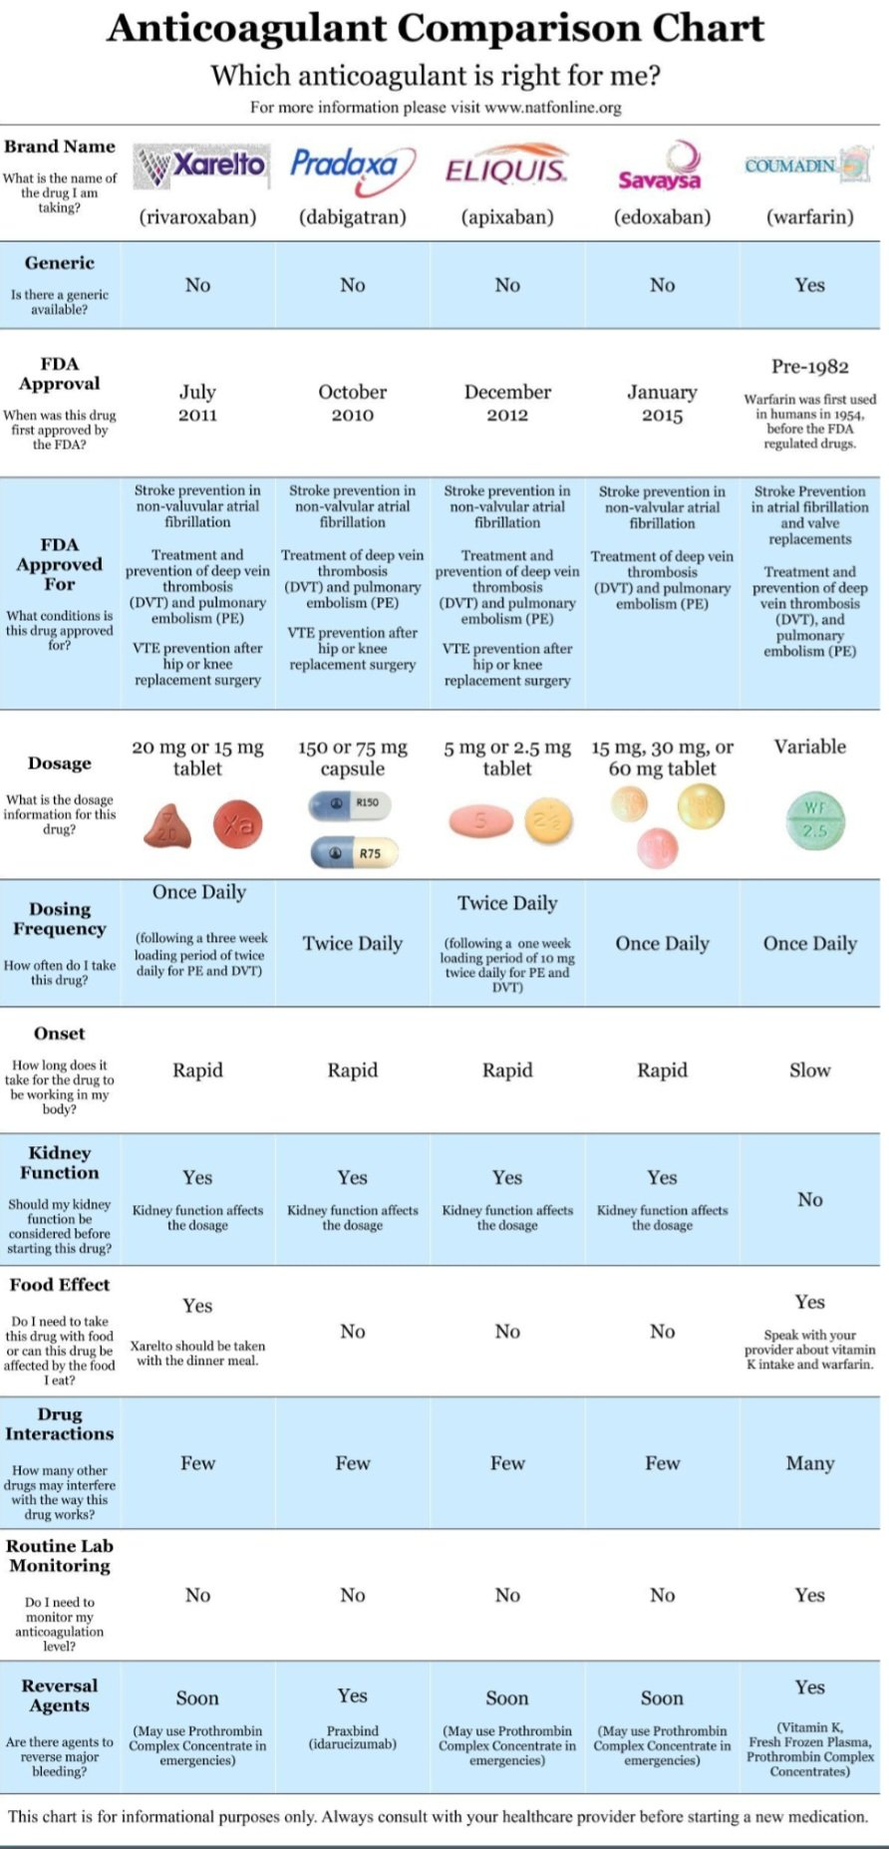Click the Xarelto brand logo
(x=200, y=166)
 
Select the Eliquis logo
(x=506, y=170)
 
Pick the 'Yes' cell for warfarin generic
(x=809, y=285)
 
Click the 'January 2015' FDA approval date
(x=662, y=404)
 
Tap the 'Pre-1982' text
(x=809, y=367)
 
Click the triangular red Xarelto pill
(x=167, y=825)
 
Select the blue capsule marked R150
(x=350, y=803)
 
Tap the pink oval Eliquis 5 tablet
(x=481, y=820)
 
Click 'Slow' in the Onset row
(x=809, y=1071)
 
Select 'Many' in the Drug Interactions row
(x=809, y=1463)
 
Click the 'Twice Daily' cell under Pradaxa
(x=353, y=944)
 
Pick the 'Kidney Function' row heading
(x=60, y=1163)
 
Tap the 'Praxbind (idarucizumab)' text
(x=353, y=1737)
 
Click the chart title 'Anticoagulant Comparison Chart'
(x=436, y=28)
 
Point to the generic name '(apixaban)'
(x=506, y=217)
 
